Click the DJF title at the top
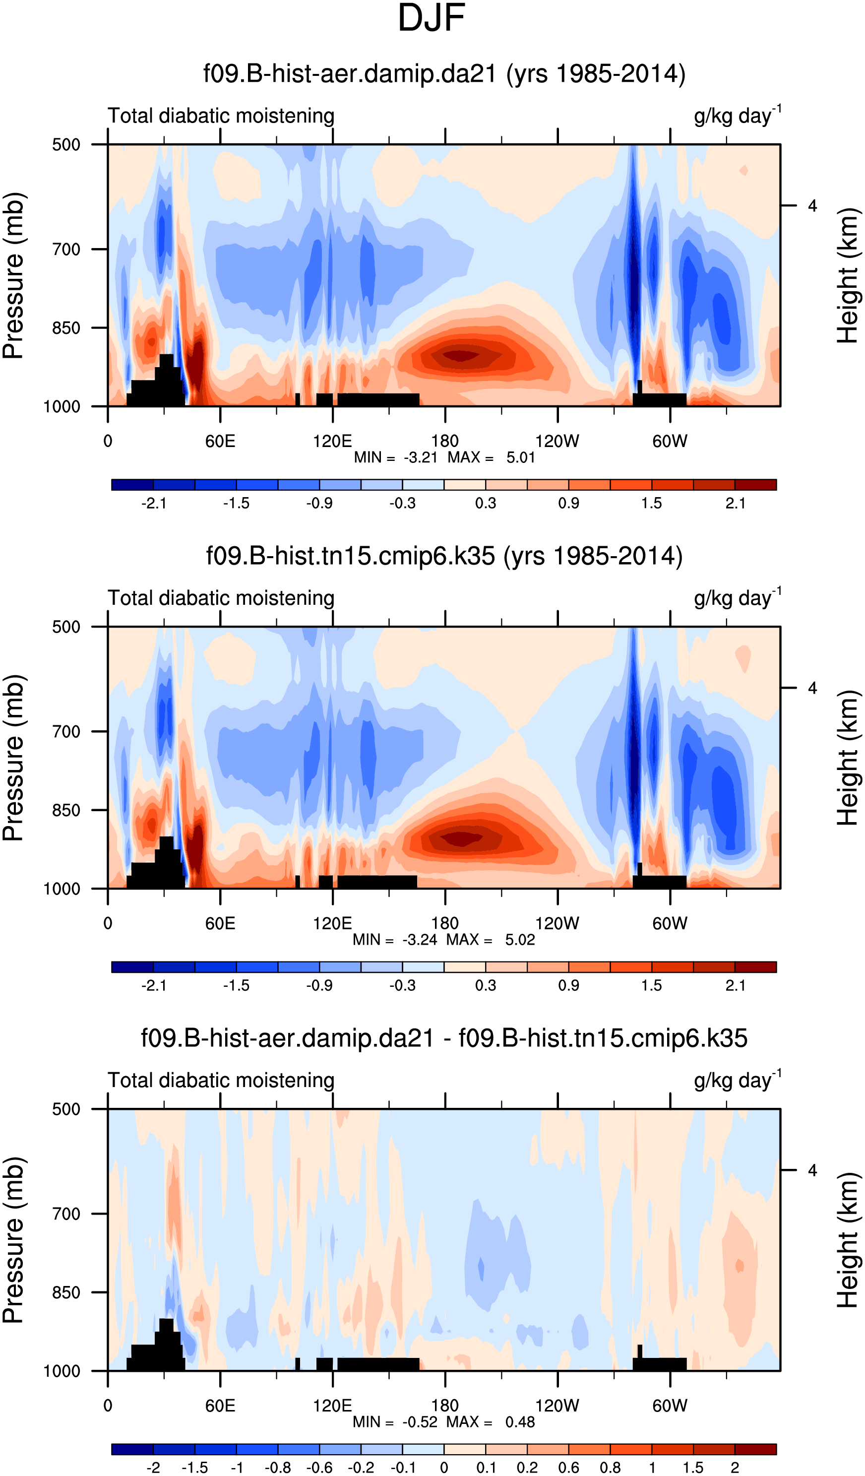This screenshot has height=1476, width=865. pos(431,18)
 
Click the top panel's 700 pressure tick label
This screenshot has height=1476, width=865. pos(66,250)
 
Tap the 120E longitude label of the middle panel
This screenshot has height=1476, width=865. pos(332,924)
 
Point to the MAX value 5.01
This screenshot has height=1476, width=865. pos(521,457)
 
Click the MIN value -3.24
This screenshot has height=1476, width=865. pos(419,940)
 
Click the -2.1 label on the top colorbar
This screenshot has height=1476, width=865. pos(153,503)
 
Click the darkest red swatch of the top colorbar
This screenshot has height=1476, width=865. pos(755,484)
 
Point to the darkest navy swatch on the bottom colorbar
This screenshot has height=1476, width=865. pos(132,1449)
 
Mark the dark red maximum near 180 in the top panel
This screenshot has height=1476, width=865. pos(461,355)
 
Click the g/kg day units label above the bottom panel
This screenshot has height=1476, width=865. pos(736,1081)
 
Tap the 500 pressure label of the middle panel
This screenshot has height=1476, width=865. pos(66,627)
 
